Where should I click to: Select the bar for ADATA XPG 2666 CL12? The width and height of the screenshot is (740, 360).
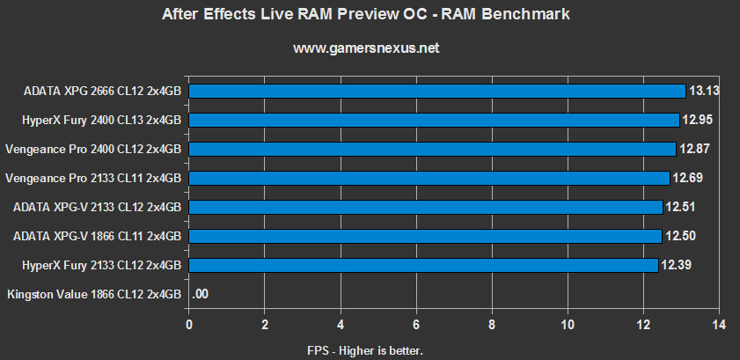436,91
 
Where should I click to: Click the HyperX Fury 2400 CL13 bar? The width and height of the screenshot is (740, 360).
434,120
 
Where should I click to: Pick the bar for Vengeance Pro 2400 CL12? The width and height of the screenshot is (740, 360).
432,149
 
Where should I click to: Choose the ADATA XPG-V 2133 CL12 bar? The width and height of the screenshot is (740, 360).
425,207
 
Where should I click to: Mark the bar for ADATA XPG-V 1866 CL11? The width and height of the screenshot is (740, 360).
425,236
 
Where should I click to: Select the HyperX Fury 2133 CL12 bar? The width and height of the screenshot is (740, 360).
423,265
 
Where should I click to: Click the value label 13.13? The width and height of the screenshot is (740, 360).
705,91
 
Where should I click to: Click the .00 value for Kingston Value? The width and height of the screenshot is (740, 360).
201,295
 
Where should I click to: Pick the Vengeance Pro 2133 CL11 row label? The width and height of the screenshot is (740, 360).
93,178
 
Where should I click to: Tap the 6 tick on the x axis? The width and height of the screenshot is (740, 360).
416,325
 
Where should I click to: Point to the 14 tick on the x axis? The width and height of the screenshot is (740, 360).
719,325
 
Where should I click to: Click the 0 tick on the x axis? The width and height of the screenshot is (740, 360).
189,325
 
